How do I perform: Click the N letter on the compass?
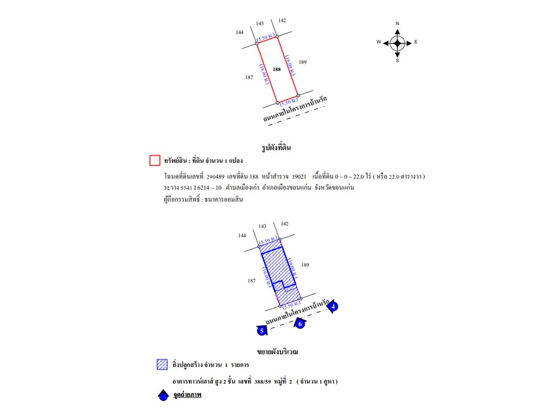point(397,24)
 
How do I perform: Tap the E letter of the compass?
point(416,42)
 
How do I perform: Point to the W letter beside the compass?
point(379,42)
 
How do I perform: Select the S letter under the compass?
point(397,60)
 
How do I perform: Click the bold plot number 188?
point(277,69)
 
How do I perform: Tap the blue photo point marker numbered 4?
point(334,307)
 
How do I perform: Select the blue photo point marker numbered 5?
point(262,330)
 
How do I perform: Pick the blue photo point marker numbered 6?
point(300,324)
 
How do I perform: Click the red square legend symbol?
point(154,160)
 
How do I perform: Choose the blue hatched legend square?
point(162,365)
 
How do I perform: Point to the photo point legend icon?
point(164,396)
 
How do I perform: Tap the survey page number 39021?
point(299,176)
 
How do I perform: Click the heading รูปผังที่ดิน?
point(276,147)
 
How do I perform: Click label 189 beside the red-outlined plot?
point(302,62)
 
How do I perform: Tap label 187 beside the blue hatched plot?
point(251,280)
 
